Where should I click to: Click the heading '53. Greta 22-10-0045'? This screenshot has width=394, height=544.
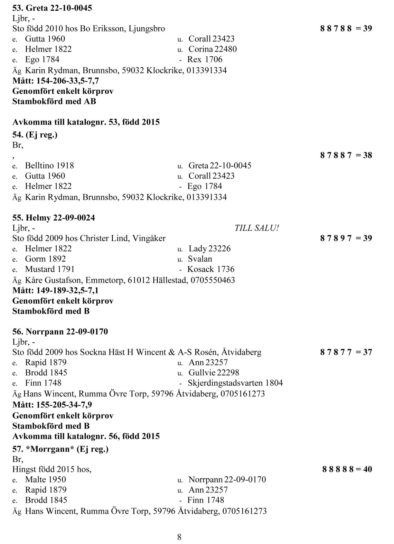click(x=52, y=8)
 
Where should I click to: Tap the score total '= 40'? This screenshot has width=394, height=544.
click(x=364, y=469)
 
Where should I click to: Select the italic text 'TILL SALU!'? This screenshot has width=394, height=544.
click(x=256, y=228)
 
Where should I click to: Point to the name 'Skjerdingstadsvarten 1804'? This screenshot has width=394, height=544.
click(x=235, y=383)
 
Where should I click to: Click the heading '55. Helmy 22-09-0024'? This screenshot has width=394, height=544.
click(x=54, y=218)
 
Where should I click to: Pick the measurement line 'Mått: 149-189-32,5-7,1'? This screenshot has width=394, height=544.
click(x=55, y=290)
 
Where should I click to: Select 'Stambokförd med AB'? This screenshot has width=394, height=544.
click(x=54, y=101)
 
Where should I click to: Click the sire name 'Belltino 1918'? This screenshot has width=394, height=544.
click(x=49, y=166)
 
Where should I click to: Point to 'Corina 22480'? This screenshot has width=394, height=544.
click(x=213, y=49)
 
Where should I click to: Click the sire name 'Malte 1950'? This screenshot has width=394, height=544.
click(x=45, y=479)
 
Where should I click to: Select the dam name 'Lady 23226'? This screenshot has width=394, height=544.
click(x=209, y=248)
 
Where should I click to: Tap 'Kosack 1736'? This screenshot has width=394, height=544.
click(x=210, y=269)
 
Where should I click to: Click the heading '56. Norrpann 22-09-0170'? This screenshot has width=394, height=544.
click(x=60, y=332)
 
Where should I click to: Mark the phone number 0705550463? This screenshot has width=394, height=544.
click(x=213, y=280)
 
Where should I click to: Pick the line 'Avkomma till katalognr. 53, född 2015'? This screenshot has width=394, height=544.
click(x=86, y=122)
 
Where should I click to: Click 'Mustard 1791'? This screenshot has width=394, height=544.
click(x=50, y=269)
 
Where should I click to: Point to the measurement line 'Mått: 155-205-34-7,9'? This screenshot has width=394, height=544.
click(x=52, y=404)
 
